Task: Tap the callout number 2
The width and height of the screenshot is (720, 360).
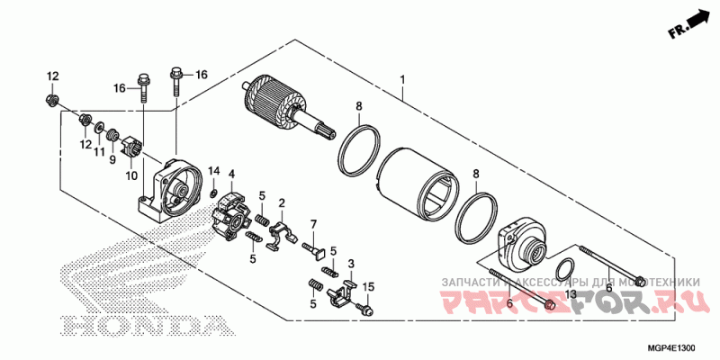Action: (281, 203)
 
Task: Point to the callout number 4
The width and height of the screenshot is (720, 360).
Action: (231, 174)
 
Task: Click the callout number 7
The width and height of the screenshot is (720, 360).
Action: (314, 223)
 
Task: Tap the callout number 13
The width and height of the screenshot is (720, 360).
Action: (570, 294)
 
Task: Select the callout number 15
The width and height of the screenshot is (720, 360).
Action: (367, 287)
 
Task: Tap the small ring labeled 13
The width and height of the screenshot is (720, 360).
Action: (564, 267)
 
